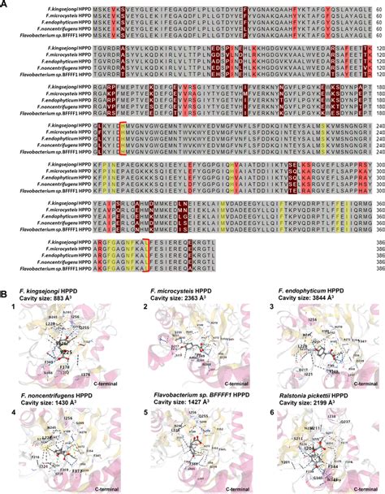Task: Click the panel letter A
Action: click(5, 4)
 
